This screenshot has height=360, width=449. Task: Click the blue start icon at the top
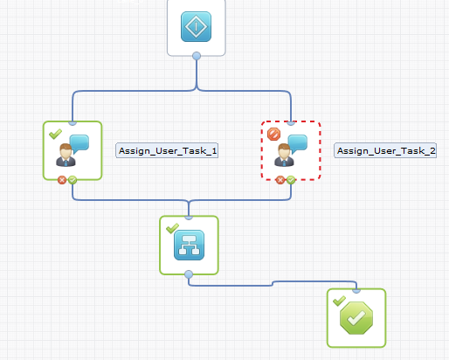[x=197, y=26]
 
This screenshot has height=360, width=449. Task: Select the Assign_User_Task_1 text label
[x=168, y=150]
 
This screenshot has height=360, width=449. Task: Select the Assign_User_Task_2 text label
[x=386, y=150]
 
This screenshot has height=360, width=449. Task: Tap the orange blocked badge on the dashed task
[x=273, y=134]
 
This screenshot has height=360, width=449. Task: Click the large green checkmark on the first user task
[x=55, y=134]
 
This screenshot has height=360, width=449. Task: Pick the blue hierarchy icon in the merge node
[x=189, y=245]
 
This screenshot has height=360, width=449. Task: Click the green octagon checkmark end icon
[x=356, y=318]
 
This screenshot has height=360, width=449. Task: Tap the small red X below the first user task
[x=62, y=180]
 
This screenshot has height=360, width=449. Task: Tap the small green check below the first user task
[x=72, y=180]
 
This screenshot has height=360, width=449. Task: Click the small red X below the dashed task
[x=280, y=180]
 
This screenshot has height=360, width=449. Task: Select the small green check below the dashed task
[x=290, y=180]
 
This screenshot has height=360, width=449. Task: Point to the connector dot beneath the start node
[x=197, y=57]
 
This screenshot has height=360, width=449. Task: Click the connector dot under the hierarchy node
[x=189, y=273]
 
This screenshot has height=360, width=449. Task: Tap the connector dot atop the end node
[x=356, y=289]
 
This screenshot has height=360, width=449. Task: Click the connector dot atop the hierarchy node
[x=189, y=217]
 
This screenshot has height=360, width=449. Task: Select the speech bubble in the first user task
[x=79, y=143]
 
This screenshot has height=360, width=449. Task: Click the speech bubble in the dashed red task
[x=298, y=143]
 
